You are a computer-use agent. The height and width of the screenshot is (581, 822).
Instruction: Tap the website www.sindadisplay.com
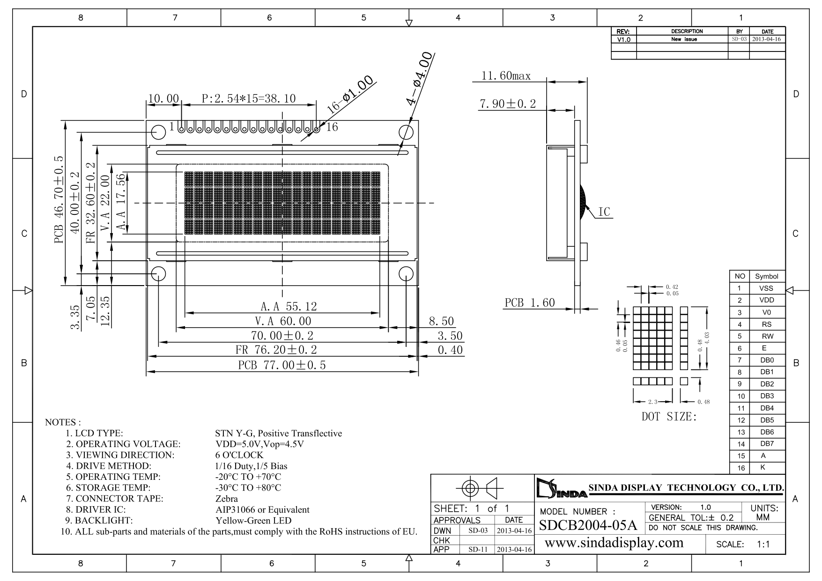tap(615, 543)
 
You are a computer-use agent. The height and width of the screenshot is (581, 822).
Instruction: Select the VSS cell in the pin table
tap(767, 288)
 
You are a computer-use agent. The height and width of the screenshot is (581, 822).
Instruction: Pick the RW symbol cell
tap(767, 336)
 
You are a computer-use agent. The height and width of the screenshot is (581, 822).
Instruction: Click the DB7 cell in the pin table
tap(767, 444)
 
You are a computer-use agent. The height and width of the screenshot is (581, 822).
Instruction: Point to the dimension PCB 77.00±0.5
tap(282, 365)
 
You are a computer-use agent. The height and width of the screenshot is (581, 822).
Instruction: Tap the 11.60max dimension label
tap(506, 76)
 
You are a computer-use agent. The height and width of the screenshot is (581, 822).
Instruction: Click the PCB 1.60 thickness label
tap(530, 303)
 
